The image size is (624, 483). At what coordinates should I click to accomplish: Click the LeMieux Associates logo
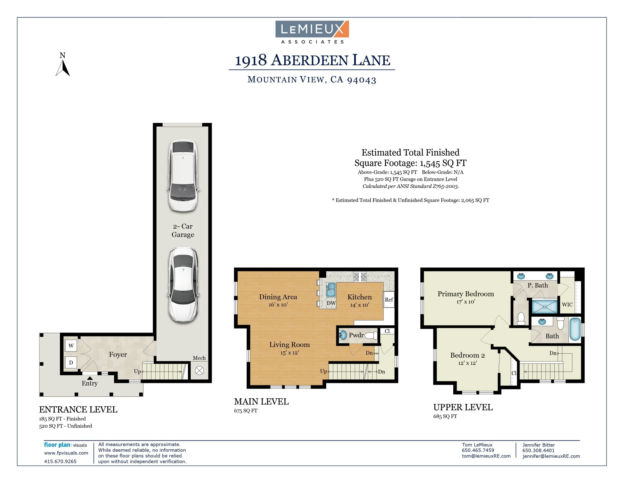[x=312, y=32]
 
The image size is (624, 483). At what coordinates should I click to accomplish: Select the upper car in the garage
[x=183, y=175]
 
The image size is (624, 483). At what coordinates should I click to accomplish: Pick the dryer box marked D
[x=71, y=362]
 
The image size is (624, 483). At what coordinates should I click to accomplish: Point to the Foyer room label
[x=118, y=354]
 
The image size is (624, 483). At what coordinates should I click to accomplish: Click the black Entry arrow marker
[x=90, y=378]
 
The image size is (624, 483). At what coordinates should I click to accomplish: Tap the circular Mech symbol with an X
[x=199, y=371]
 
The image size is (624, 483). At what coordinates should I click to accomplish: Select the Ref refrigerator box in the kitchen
[x=389, y=299]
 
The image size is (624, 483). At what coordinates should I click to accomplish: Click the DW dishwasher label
[x=331, y=303]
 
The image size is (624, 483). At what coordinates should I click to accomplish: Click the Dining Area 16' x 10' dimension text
[x=278, y=305]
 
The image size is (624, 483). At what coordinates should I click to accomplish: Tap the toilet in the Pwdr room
[x=371, y=335]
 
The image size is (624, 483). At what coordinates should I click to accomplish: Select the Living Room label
[x=290, y=344]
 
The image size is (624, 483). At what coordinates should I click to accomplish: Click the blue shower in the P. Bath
[x=545, y=306]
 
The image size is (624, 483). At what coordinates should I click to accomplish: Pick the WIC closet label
[x=567, y=304]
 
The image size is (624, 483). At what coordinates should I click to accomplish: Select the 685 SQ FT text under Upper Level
[x=445, y=416]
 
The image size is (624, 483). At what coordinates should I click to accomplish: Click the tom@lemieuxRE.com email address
[x=486, y=456]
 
